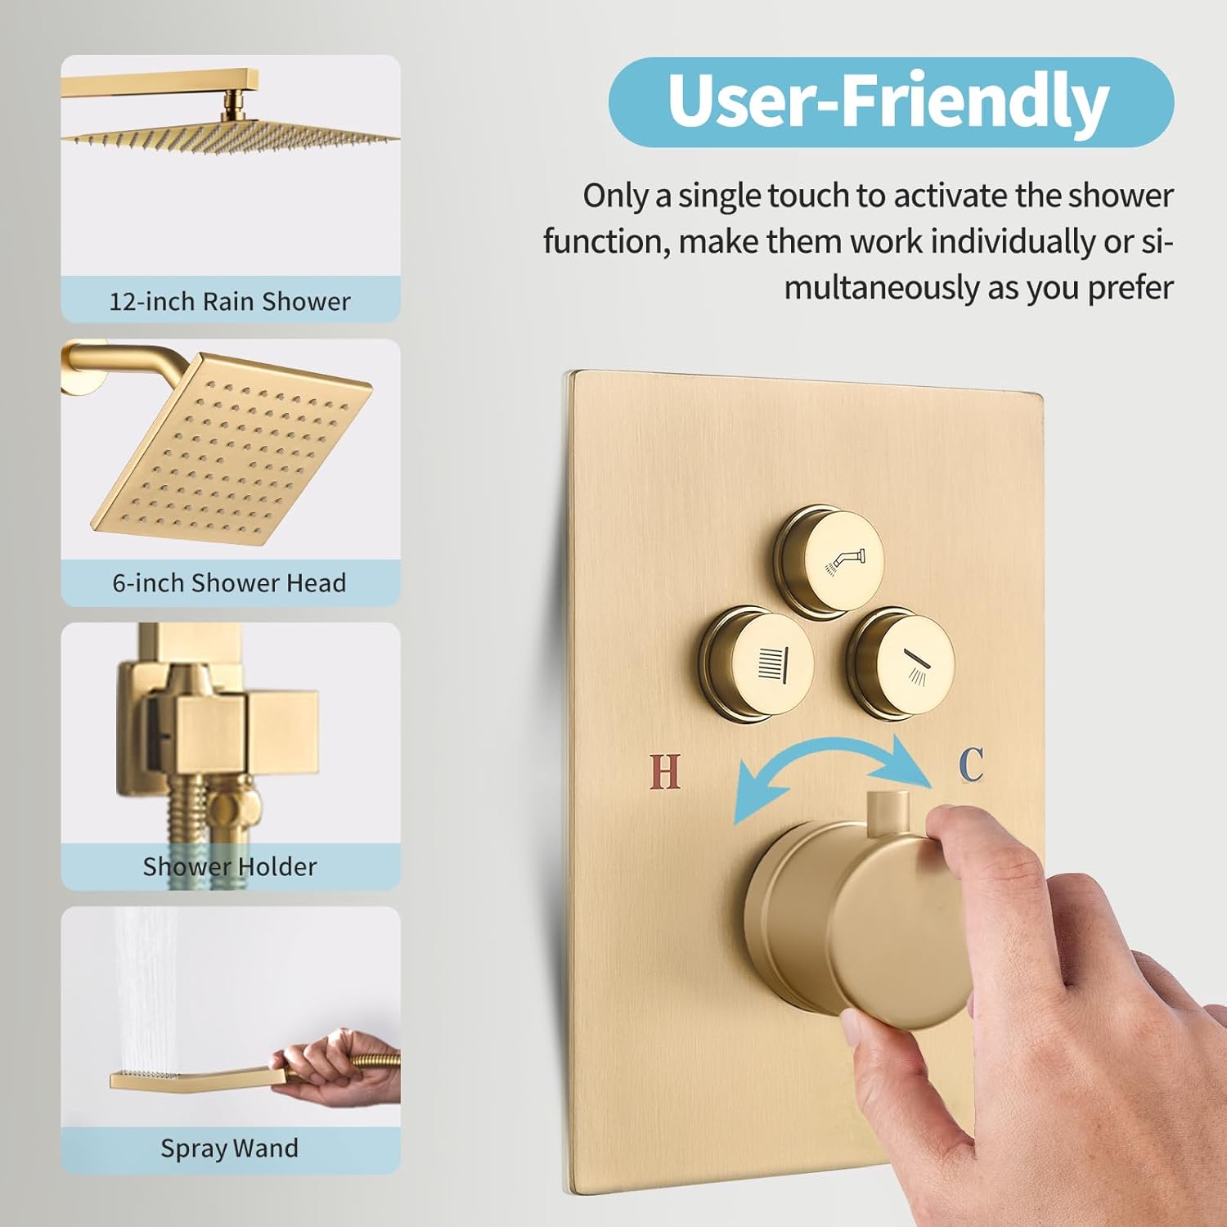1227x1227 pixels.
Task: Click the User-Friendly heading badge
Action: [x=890, y=101]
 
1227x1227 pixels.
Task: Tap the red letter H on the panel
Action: [x=664, y=771]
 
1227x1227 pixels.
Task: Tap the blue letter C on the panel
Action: [x=971, y=765]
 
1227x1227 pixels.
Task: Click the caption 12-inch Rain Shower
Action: [x=230, y=301]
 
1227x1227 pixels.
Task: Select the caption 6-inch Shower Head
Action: [x=230, y=582]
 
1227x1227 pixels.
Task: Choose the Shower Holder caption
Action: [x=230, y=866]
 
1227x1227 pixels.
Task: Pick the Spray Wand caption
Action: [x=230, y=1148]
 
